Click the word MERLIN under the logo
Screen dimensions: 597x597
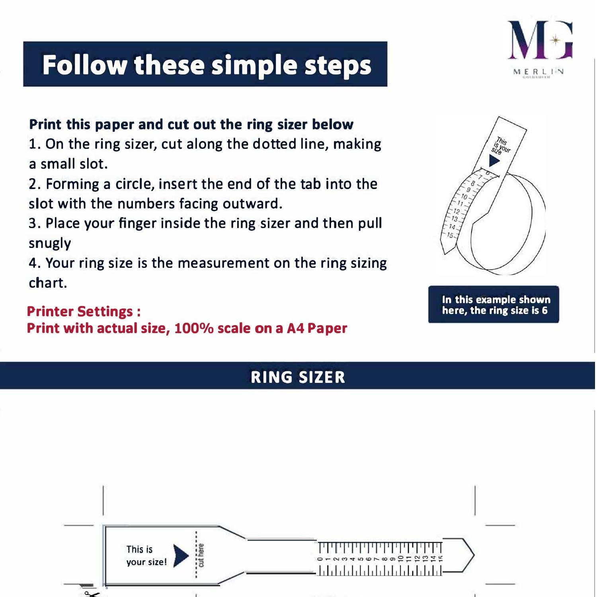point(538,72)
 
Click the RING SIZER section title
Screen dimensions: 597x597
point(298,377)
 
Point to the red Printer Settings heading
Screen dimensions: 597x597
point(84,311)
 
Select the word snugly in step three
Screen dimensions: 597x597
point(50,243)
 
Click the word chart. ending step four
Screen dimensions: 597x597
point(48,283)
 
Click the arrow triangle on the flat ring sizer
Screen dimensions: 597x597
point(180,555)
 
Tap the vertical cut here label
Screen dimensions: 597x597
point(201,555)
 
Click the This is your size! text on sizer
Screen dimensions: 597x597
point(146,556)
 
